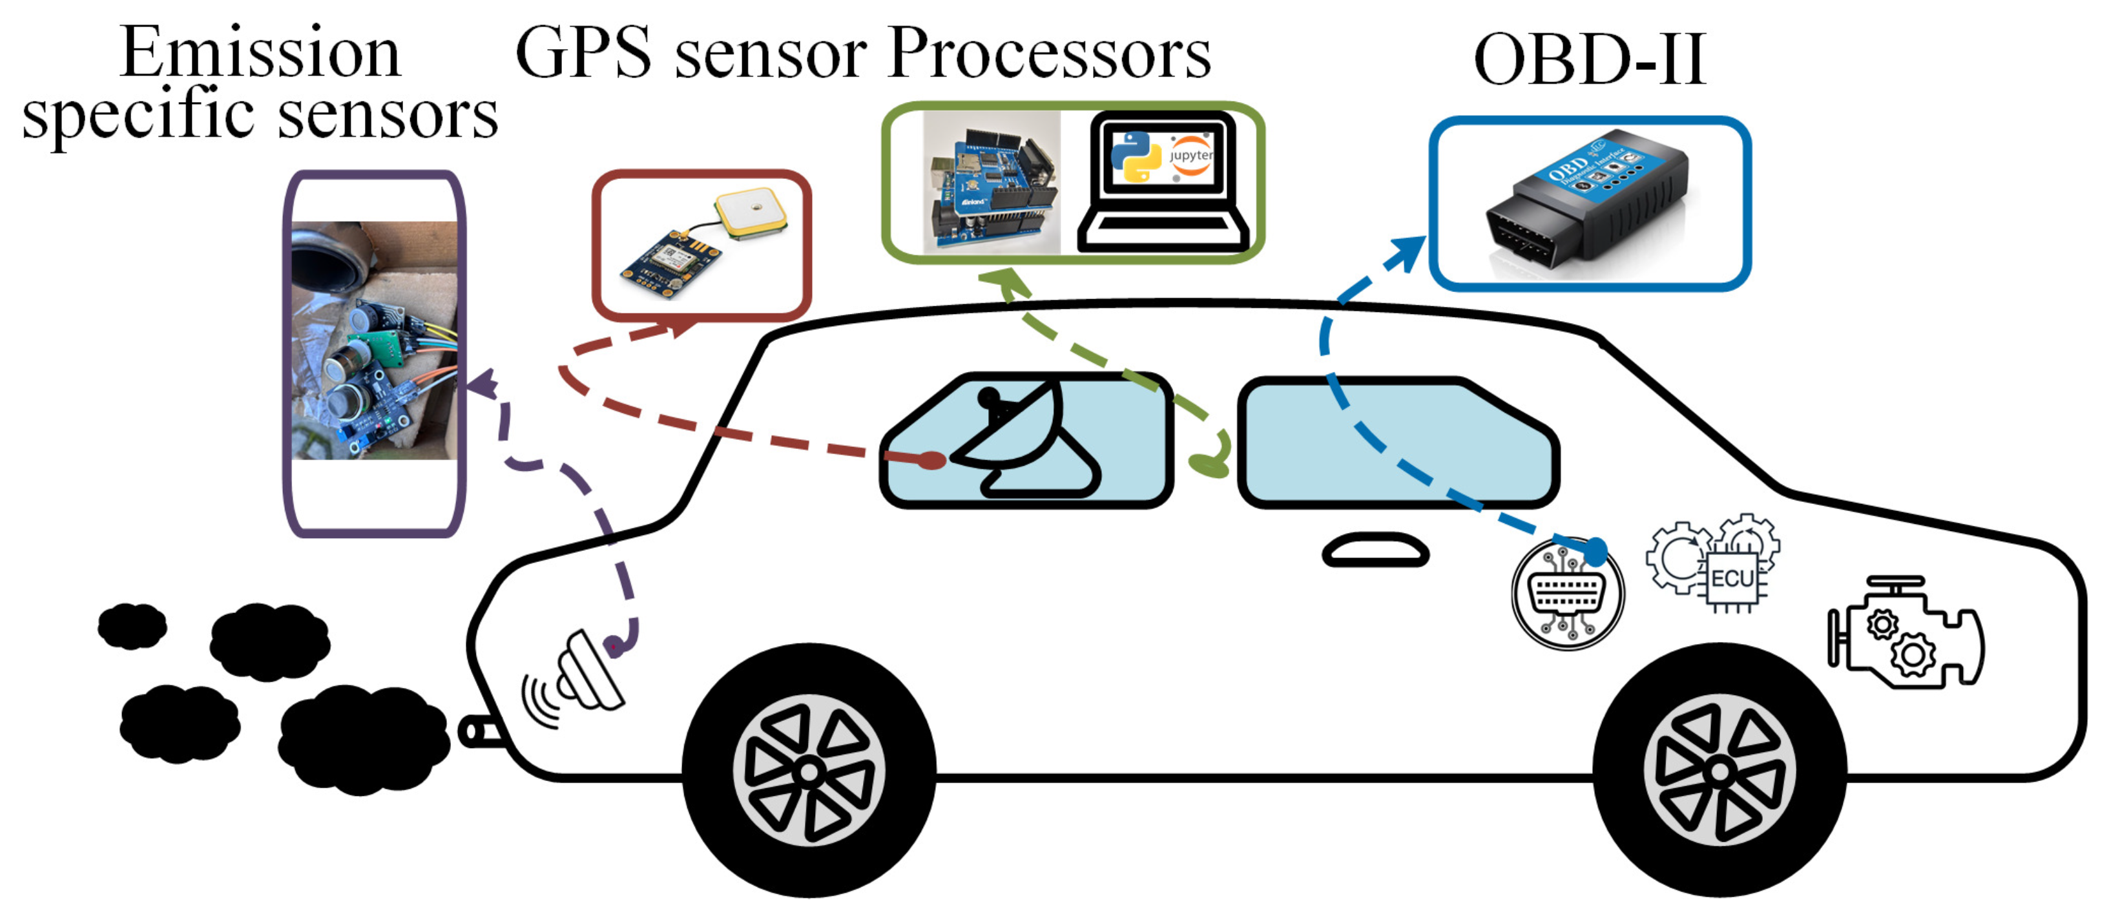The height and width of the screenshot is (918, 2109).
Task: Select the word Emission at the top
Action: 260,52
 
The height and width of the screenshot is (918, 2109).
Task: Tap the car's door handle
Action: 1375,550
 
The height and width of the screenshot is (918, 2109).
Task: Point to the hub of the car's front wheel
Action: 1720,771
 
